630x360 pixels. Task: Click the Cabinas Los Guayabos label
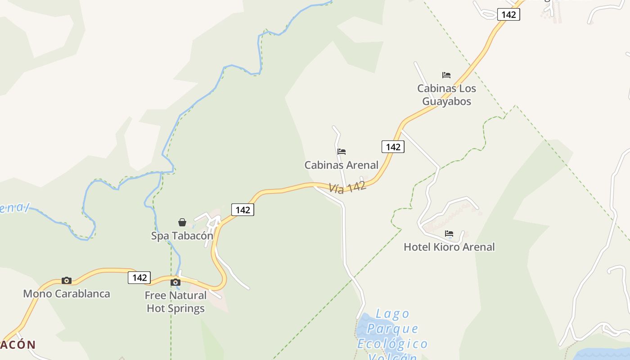446,94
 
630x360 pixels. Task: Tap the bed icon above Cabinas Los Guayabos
446,75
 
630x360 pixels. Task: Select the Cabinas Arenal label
341,165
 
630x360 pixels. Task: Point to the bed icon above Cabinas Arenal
342,152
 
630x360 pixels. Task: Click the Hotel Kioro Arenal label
449,247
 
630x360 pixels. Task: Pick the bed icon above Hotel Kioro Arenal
449,234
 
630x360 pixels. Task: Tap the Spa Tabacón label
182,236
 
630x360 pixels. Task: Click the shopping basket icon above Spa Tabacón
182,222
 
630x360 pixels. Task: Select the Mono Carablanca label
67,294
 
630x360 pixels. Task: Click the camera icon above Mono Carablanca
67,280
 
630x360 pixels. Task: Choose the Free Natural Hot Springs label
175,302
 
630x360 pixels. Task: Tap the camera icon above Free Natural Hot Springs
175,283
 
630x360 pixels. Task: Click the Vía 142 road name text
347,187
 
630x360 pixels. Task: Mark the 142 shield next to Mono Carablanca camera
139,278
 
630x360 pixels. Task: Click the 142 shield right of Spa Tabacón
243,210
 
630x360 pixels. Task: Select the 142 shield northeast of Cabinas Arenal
393,147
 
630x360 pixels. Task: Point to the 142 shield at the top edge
508,14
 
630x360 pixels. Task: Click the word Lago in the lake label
392,314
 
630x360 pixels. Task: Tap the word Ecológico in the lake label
392,344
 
